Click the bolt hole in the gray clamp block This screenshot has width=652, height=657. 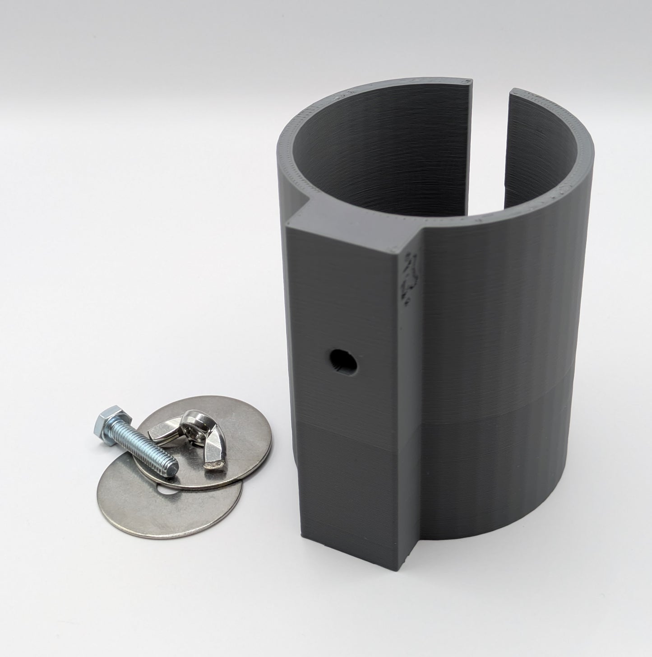pos(342,359)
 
